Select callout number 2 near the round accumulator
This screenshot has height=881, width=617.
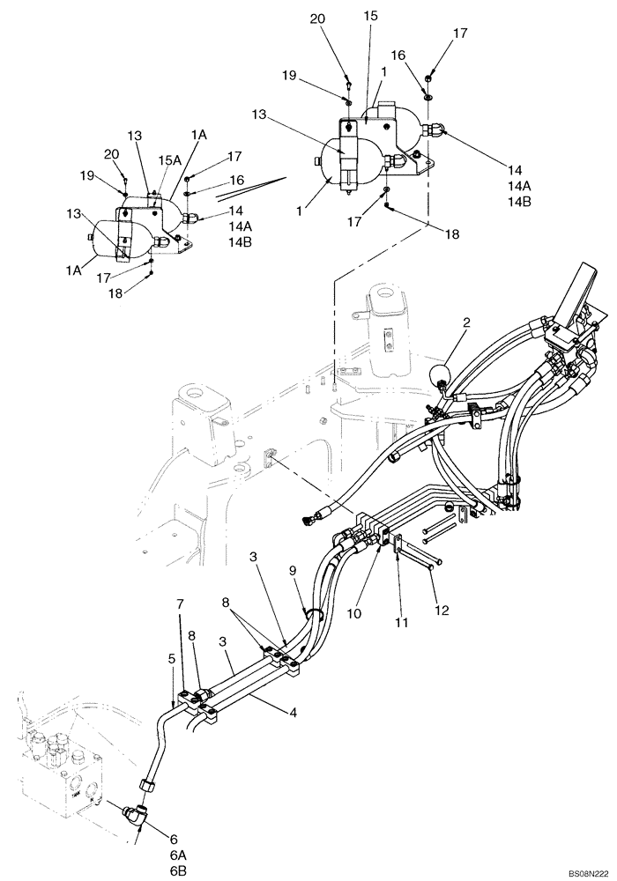[x=465, y=323]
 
